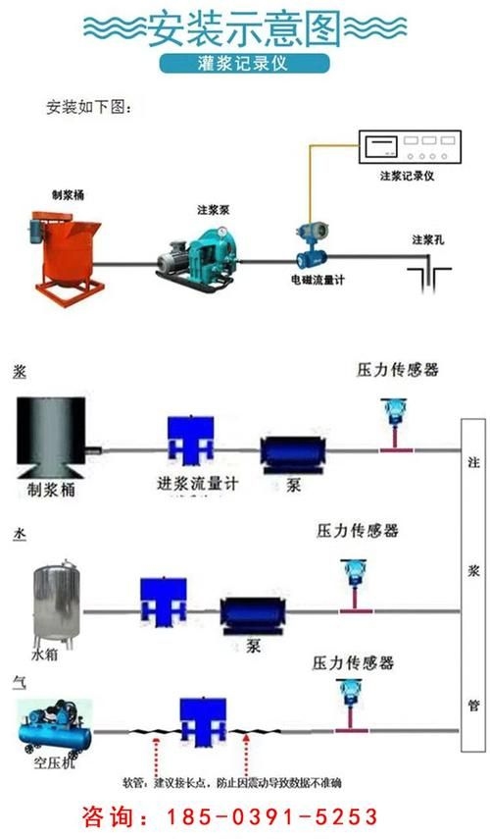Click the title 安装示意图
point(244,30)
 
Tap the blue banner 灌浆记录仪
point(244,65)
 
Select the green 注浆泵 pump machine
point(201,253)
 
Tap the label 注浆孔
point(428,239)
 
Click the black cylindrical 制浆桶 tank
point(54,433)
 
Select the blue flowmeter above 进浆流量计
point(192,440)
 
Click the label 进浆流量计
point(197,484)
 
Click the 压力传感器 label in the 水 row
point(357,531)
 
